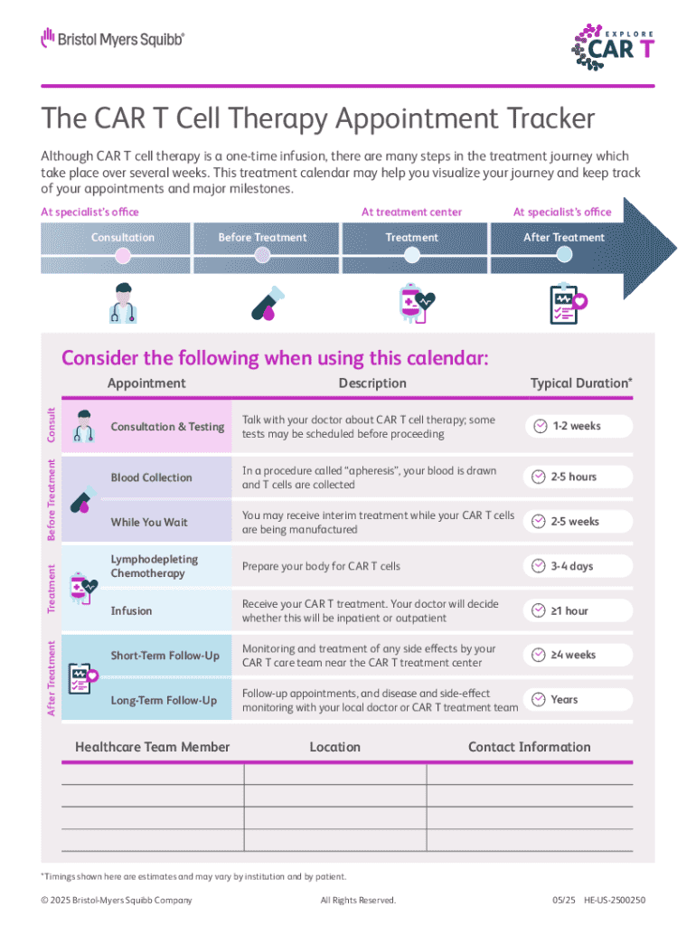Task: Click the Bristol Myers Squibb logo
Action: click(x=113, y=39)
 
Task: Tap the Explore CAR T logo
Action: click(x=613, y=47)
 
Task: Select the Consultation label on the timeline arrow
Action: click(x=123, y=238)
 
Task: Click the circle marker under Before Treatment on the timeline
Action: click(x=262, y=255)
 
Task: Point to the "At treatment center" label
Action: click(x=411, y=212)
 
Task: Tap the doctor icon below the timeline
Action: click(x=123, y=303)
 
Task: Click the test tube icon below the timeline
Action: click(x=268, y=304)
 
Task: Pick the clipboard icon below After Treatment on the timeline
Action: click(x=568, y=304)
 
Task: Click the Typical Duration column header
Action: click(x=581, y=383)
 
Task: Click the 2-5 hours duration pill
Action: click(x=578, y=477)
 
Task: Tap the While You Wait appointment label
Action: click(x=149, y=522)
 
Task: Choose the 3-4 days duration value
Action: click(x=571, y=566)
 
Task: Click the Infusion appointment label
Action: click(x=131, y=610)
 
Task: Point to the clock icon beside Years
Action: click(x=539, y=699)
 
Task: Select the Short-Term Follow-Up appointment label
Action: click(x=165, y=656)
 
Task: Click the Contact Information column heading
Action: click(x=529, y=747)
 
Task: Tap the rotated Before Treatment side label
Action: click(x=52, y=499)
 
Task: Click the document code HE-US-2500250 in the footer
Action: click(x=615, y=900)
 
